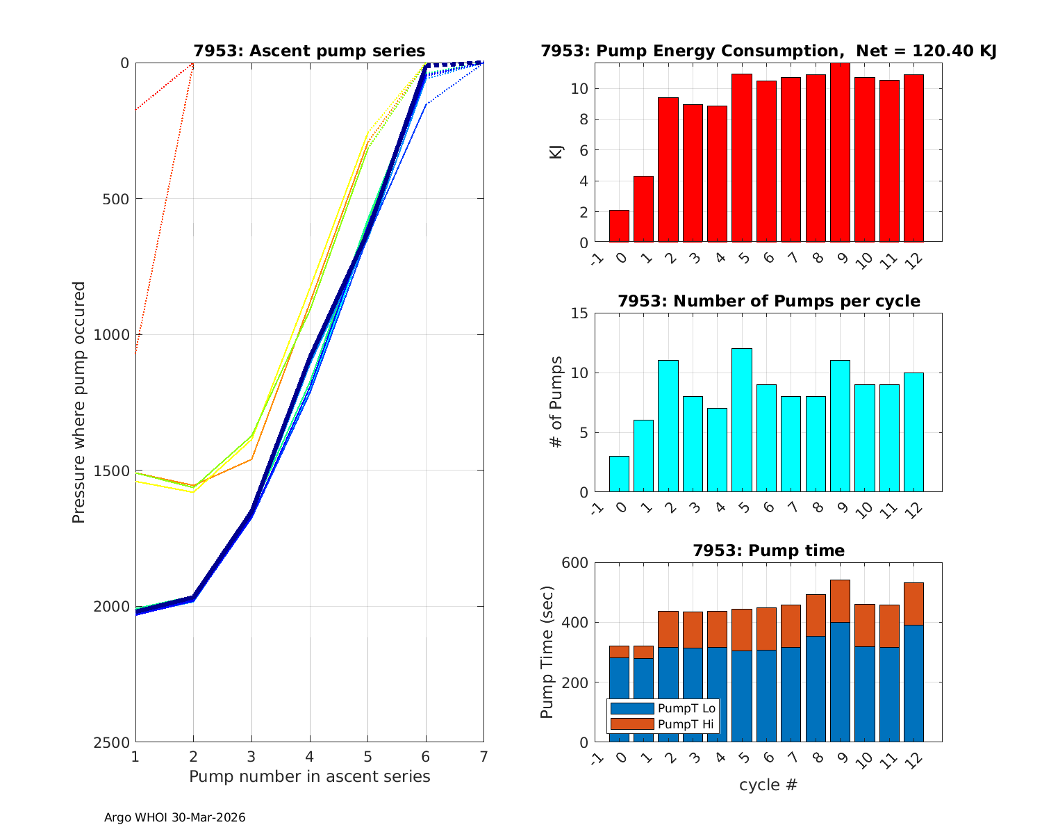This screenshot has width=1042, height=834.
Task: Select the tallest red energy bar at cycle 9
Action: (840, 153)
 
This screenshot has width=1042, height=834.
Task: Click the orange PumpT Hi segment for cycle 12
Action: (913, 603)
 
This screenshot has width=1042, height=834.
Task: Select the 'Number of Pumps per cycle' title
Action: (768, 301)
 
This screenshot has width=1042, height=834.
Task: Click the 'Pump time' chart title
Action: (768, 550)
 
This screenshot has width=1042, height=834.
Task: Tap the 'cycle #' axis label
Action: (768, 785)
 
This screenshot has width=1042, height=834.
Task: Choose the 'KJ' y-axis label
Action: (556, 152)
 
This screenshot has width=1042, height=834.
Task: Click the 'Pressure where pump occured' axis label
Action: (79, 402)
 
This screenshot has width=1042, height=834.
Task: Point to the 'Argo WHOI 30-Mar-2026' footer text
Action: (174, 817)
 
